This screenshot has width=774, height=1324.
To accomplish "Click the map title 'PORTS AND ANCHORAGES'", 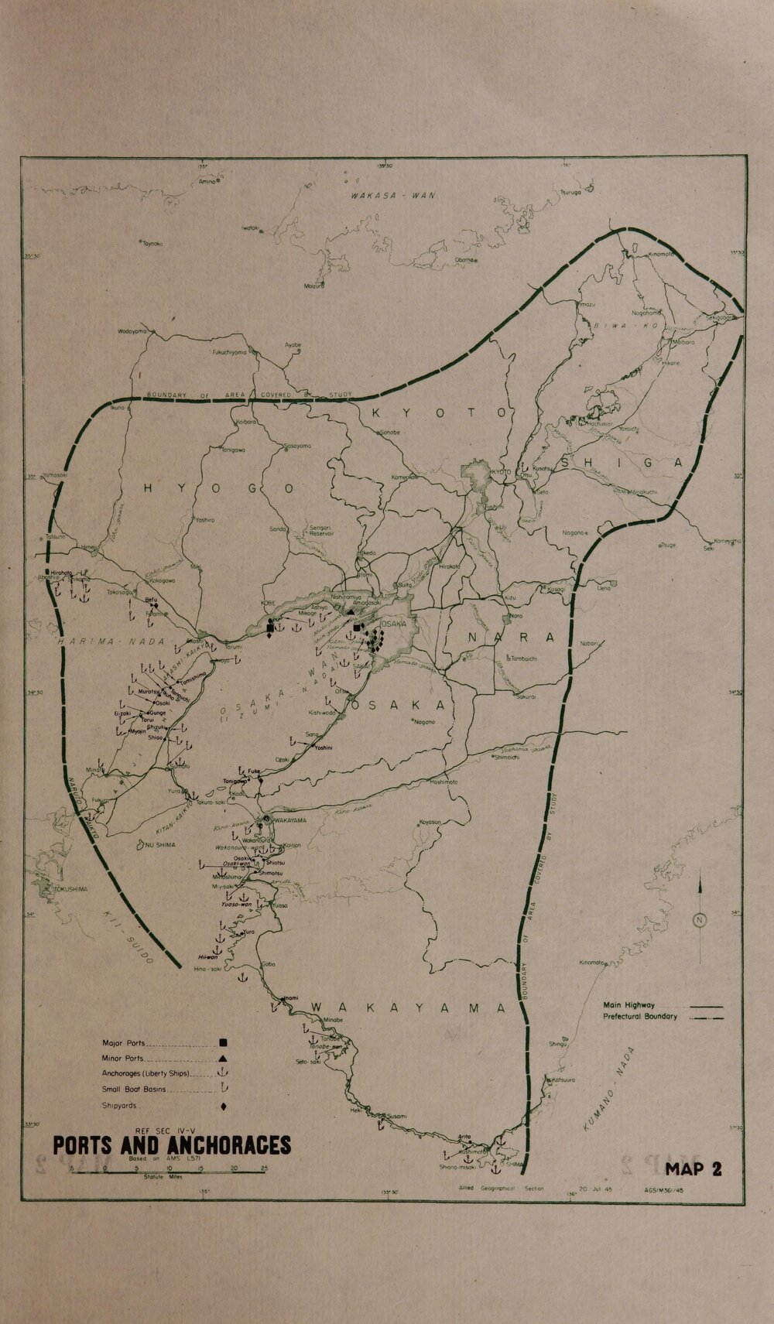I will (172, 1145).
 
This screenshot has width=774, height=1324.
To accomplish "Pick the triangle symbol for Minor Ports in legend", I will (223, 1058).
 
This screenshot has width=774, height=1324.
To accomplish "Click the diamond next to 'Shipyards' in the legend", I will (223, 1107).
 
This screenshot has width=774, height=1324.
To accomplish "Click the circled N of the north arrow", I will (700, 920).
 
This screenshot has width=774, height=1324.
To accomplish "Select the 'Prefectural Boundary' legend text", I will (640, 1017).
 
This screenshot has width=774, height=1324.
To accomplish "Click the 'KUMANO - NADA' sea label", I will (608, 1084).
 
